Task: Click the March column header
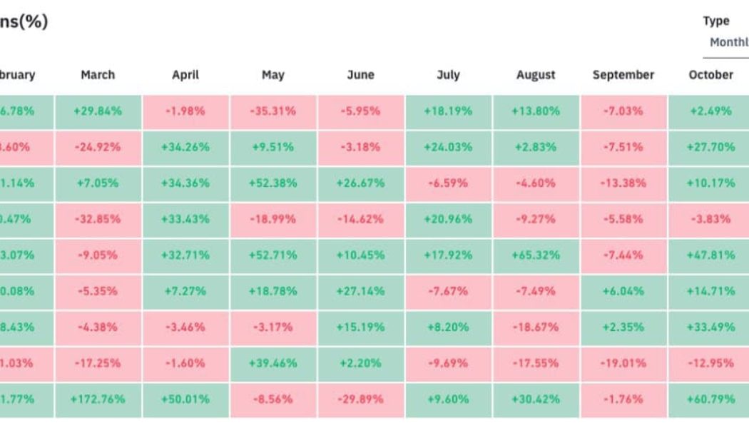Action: click(x=98, y=75)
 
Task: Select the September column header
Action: click(x=623, y=75)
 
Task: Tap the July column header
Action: click(x=448, y=75)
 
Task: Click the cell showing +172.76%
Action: click(x=98, y=399)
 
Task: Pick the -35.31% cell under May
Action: click(x=272, y=111)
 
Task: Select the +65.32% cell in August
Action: click(x=535, y=255)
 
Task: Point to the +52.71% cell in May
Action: click(x=272, y=255)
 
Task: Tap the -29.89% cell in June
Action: click(x=360, y=399)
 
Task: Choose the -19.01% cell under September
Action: click(x=623, y=362)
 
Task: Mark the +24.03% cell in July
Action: click(x=448, y=147)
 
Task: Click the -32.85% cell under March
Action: click(x=98, y=219)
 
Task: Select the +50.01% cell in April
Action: click(x=185, y=399)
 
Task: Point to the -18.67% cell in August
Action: click(x=535, y=327)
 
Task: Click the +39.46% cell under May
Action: click(x=272, y=362)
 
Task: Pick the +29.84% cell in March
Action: click(x=98, y=111)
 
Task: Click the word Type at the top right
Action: click(x=716, y=21)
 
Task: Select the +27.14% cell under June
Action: click(x=360, y=291)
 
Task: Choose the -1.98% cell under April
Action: click(x=185, y=111)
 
